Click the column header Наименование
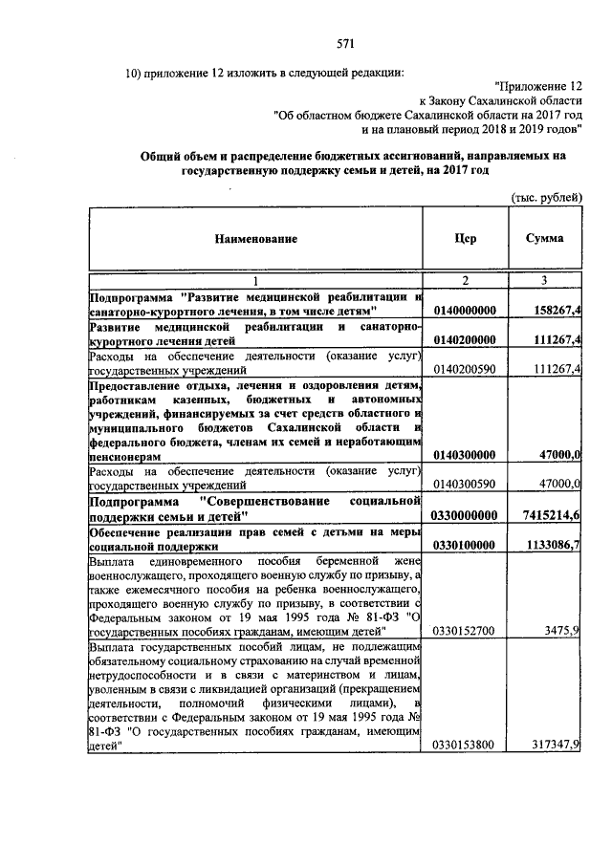click(255, 238)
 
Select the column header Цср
click(466, 238)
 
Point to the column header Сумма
click(544, 238)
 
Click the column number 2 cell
click(466, 281)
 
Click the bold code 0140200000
click(465, 340)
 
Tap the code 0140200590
click(465, 368)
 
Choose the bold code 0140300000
click(465, 456)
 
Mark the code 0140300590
click(465, 485)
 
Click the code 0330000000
click(465, 515)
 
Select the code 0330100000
click(465, 544)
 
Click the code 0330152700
click(465, 632)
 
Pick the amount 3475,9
click(561, 632)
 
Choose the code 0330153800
click(465, 746)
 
